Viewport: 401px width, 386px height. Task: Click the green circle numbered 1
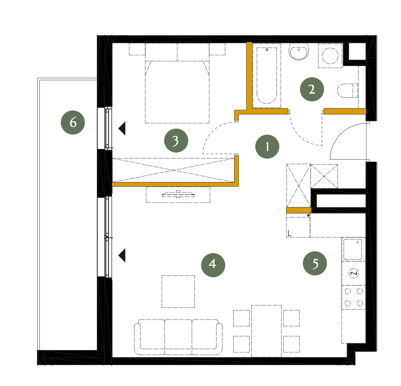[267, 147]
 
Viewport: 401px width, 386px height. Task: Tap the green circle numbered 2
[312, 89]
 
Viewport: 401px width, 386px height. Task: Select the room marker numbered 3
[176, 141]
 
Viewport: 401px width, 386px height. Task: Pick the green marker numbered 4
[213, 265]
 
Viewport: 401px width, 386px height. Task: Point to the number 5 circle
[315, 263]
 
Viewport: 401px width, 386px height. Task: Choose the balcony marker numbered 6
[73, 122]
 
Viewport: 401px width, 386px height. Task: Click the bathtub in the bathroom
[267, 75]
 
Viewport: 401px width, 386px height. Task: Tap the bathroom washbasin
[299, 52]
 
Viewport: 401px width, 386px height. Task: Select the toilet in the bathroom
[347, 90]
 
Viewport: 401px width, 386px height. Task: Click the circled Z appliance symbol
[354, 273]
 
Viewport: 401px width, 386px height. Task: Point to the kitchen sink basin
[353, 249]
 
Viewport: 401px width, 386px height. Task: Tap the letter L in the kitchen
[289, 233]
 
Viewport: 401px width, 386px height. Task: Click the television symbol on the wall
[178, 195]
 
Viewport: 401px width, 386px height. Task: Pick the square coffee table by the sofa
[178, 292]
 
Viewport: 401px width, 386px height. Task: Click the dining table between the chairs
[267, 331]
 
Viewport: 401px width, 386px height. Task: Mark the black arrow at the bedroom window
[122, 129]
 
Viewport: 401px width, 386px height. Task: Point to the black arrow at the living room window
[122, 255]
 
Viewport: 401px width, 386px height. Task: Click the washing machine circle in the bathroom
[330, 56]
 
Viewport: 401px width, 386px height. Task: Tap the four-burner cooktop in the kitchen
[354, 297]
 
